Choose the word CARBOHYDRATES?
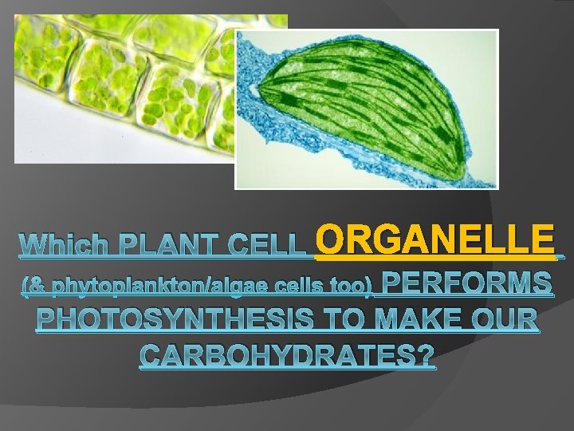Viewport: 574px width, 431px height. [288, 356]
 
